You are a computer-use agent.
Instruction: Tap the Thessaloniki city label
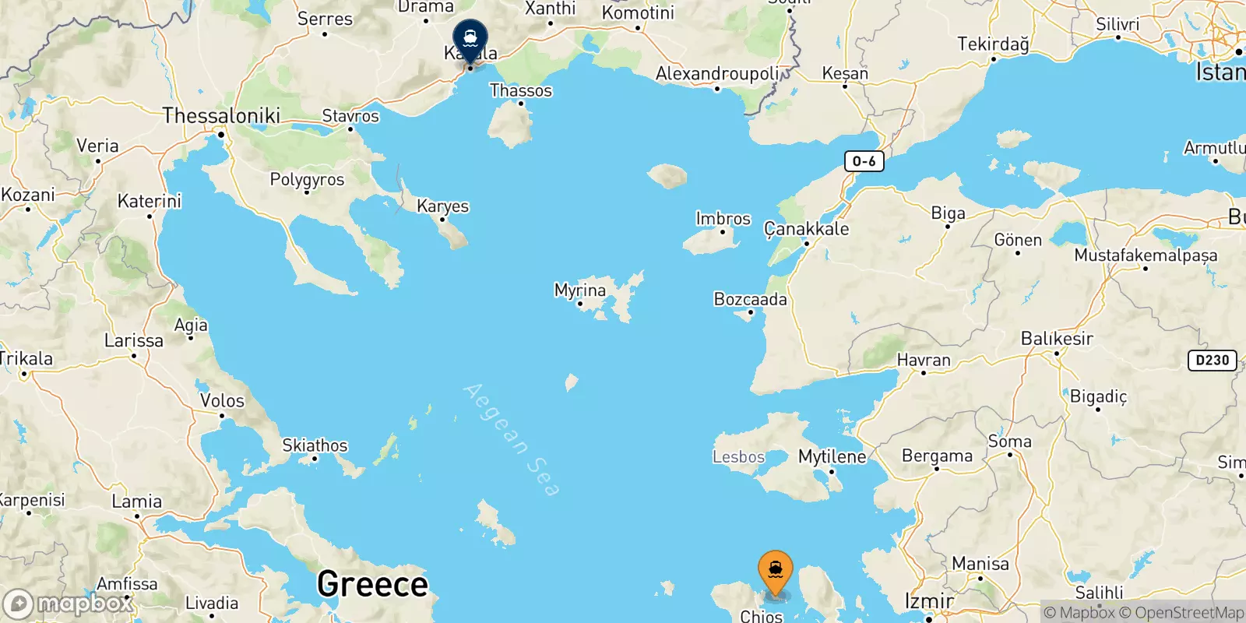click(221, 116)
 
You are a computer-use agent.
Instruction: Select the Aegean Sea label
click(511, 439)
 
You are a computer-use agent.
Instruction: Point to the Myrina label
click(579, 290)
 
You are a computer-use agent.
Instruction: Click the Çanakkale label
click(806, 229)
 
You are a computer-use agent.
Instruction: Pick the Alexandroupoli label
click(717, 74)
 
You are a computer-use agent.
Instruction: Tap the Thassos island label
click(520, 90)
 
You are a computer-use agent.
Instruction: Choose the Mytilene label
click(832, 456)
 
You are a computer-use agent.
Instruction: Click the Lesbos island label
click(738, 457)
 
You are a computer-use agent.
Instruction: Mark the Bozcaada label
click(750, 299)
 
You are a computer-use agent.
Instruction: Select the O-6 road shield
click(864, 161)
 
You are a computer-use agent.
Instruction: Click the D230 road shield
click(1212, 360)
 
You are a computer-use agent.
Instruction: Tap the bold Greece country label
click(372, 584)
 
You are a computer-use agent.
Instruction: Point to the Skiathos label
click(315, 445)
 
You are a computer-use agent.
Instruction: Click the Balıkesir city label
click(1057, 339)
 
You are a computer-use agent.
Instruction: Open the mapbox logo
click(68, 604)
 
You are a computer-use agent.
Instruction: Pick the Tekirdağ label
click(993, 44)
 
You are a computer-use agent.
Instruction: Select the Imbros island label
click(723, 219)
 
